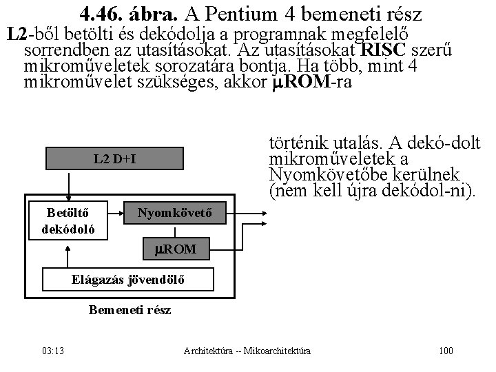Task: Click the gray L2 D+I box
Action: click(114, 159)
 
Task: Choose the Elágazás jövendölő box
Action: click(128, 279)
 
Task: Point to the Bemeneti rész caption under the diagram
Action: click(130, 310)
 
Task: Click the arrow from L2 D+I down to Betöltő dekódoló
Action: click(68, 185)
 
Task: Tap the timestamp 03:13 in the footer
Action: click(52, 351)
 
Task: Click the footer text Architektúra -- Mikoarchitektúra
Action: click(248, 351)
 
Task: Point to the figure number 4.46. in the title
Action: click(103, 13)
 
